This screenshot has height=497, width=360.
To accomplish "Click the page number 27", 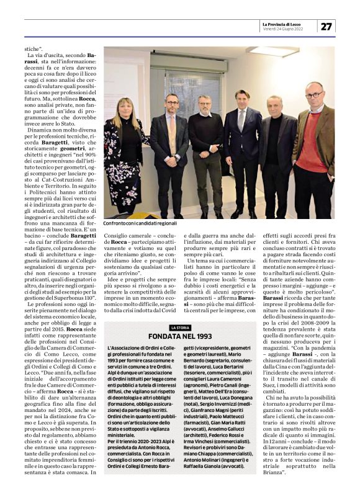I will point(326,26).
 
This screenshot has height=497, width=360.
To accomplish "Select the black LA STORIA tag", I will point(180,328).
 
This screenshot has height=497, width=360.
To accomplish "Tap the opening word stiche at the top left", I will point(34,47).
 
